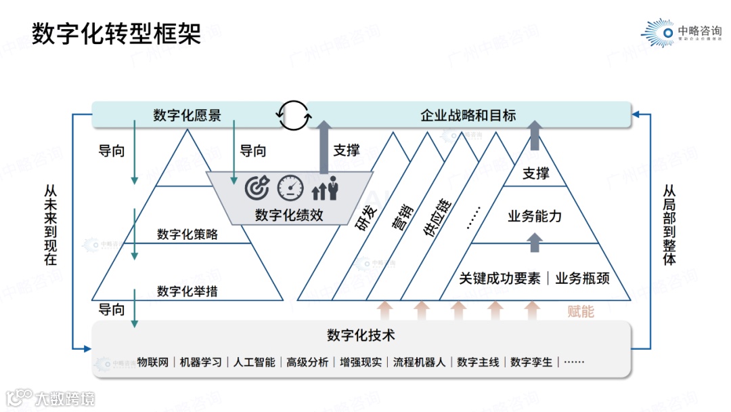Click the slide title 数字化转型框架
pyautogui.click(x=117, y=33)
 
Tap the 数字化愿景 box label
pyautogui.click(x=187, y=115)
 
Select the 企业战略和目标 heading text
pyautogui.click(x=468, y=115)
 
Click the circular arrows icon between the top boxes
pyautogui.click(x=294, y=115)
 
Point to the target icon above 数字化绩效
pyautogui.click(x=257, y=188)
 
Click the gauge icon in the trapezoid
pyautogui.click(x=290, y=188)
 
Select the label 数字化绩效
pyautogui.click(x=289, y=215)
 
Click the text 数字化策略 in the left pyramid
pyautogui.click(x=187, y=234)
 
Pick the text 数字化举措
pyautogui.click(x=187, y=291)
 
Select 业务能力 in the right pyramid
pyautogui.click(x=535, y=217)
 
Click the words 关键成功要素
pyautogui.click(x=500, y=278)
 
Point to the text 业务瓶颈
pyautogui.click(x=582, y=278)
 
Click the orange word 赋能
pyautogui.click(x=580, y=311)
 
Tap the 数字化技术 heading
pyautogui.click(x=361, y=335)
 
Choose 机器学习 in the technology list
pyautogui.click(x=201, y=362)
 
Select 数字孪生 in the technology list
pyautogui.click(x=531, y=362)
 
